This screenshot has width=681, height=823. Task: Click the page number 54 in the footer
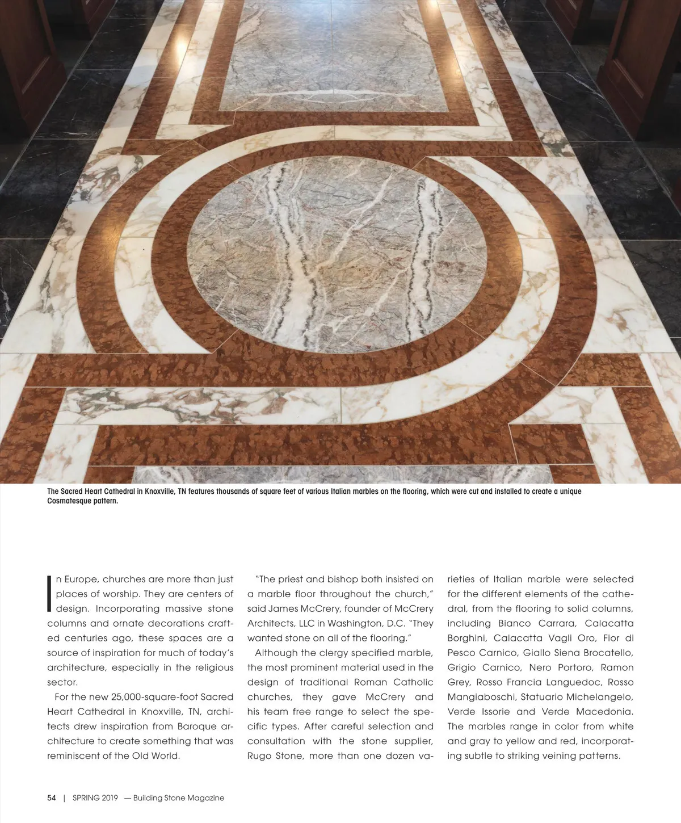coord(52,798)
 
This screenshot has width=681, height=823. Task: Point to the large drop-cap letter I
coord(50,594)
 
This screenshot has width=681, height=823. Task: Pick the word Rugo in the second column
coord(259,756)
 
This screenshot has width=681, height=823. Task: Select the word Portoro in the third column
coord(575,667)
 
